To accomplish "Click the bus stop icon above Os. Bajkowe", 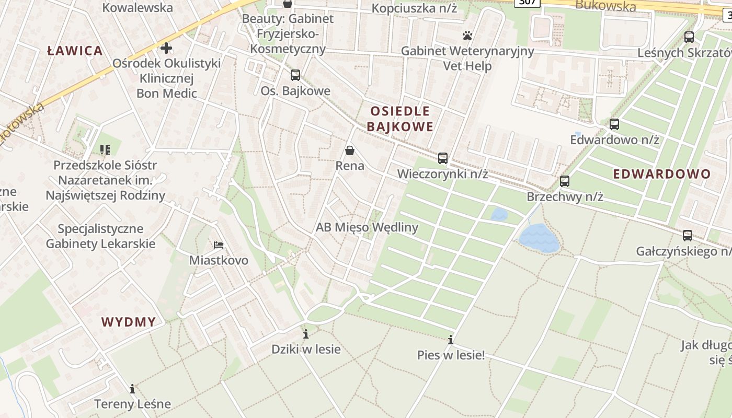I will tap(295, 75).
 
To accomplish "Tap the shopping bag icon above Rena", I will tap(350, 150).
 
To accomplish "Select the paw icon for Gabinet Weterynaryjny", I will tap(467, 36).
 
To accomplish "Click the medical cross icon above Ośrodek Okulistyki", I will tap(166, 48).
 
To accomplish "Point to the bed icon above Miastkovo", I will tap(219, 245).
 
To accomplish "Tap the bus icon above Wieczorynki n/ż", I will tap(443, 158).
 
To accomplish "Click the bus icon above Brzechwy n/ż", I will tap(565, 181).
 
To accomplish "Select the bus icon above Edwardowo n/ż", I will tap(614, 124).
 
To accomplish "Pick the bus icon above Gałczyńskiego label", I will tap(688, 236).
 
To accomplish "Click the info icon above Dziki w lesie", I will tap(306, 334).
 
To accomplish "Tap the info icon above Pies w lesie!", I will tap(451, 340).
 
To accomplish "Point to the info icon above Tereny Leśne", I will tap(132, 389).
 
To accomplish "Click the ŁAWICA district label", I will tap(75, 51).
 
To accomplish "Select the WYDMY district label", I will tap(129, 322).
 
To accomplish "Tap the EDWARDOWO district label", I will tap(661, 174).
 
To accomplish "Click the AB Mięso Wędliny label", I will tap(367, 227).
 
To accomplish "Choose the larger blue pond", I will tap(539, 239).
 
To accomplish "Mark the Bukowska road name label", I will tap(605, 6).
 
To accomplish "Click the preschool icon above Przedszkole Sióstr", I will tap(105, 150).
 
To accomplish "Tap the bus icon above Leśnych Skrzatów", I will tap(689, 37).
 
